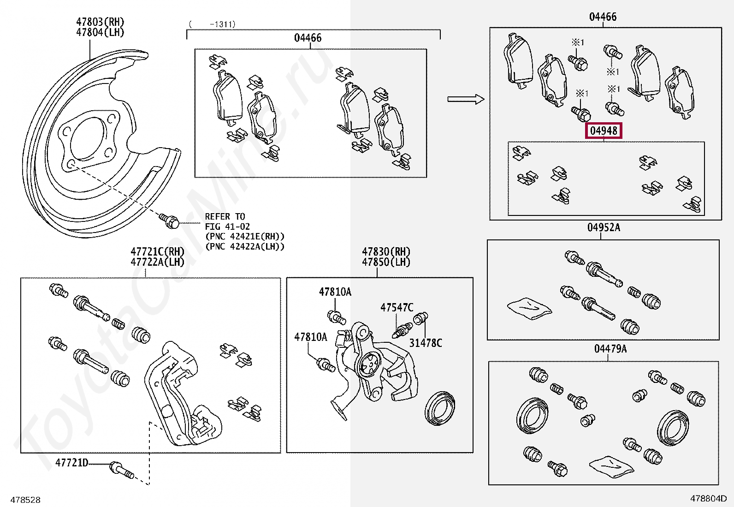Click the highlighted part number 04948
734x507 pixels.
(604, 131)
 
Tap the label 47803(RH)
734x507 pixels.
(100, 22)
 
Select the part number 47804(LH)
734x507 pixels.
(100, 32)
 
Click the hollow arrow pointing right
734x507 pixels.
(465, 99)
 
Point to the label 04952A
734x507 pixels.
(604, 227)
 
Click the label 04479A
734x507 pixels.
(610, 349)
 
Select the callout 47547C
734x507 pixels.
(397, 308)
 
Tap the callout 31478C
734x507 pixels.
(426, 343)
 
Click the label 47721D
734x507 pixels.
(72, 462)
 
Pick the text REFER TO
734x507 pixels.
(225, 216)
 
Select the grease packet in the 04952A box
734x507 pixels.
(529, 307)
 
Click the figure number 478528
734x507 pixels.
(25, 500)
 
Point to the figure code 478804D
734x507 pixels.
(708, 498)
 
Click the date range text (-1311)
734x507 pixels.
(212, 24)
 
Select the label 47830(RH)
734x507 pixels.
(386, 251)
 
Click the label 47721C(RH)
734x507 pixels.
(157, 251)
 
